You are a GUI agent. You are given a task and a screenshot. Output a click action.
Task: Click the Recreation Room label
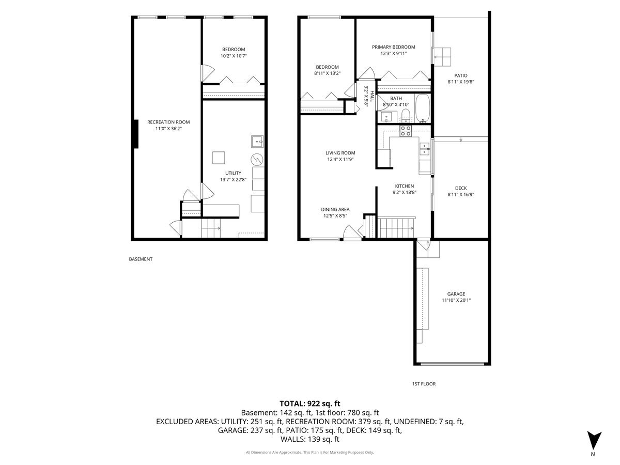tap(168, 122)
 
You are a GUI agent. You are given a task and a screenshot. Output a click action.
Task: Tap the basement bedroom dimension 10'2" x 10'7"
tap(234, 56)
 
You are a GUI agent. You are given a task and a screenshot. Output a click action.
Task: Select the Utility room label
tap(233, 173)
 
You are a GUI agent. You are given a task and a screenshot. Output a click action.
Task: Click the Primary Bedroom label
tap(394, 47)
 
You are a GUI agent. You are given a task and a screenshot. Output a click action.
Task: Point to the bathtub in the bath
tap(423, 109)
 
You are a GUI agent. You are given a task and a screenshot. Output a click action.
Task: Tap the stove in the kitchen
tap(406, 131)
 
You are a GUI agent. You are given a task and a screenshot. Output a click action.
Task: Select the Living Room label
tap(340, 153)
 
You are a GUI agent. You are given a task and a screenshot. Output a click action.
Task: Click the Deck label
tap(461, 188)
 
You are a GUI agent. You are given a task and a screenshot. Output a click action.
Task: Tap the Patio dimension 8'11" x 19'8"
tap(461, 82)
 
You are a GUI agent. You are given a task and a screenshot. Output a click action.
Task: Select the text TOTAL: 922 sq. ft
tap(309, 404)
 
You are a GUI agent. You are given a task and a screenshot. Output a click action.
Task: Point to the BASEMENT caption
tap(141, 259)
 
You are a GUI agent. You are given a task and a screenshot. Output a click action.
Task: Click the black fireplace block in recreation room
tap(135, 134)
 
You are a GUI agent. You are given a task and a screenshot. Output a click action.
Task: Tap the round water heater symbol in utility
tap(257, 159)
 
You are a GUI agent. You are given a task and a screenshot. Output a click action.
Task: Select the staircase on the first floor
tap(397, 226)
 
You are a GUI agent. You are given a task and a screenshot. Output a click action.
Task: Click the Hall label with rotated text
tap(367, 95)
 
